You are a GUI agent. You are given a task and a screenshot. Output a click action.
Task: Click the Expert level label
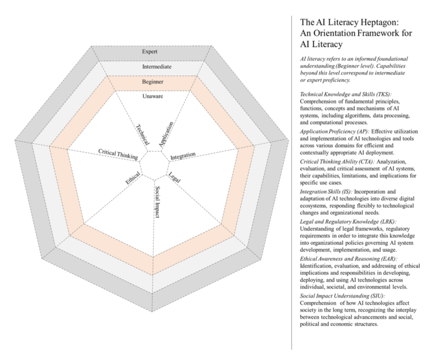pyautogui.click(x=150, y=52)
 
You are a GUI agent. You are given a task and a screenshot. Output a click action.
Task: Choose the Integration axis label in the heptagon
pyautogui.click(x=183, y=155)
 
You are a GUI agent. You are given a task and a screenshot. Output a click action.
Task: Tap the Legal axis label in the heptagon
pyautogui.click(x=175, y=177)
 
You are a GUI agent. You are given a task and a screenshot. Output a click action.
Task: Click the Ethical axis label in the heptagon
pyautogui.click(x=133, y=180)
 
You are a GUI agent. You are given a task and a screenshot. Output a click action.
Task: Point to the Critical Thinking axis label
pyautogui.click(x=116, y=153)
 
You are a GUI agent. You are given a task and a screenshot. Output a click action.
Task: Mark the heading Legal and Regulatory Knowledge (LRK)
pyautogui.click(x=348, y=221)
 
